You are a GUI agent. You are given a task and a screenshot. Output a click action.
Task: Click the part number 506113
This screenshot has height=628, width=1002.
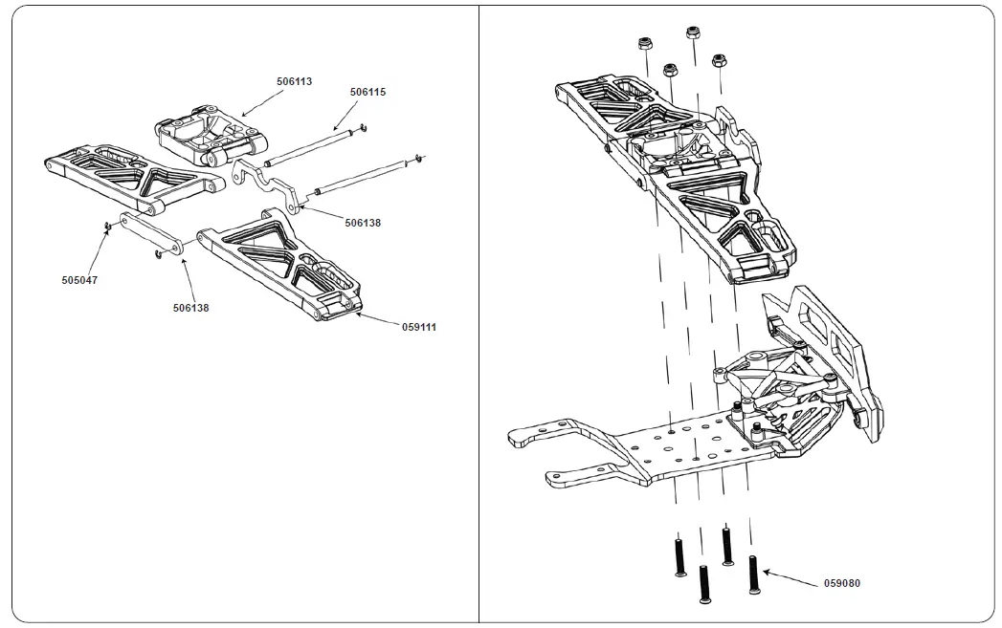[295, 82]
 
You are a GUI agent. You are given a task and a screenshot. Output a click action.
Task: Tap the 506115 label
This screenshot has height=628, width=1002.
[367, 92]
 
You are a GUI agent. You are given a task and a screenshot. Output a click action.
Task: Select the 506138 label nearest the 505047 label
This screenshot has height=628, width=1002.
[191, 308]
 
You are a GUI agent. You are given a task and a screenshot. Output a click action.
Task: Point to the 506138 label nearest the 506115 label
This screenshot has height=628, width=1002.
[363, 223]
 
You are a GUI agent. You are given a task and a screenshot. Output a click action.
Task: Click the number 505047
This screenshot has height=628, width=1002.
[79, 281]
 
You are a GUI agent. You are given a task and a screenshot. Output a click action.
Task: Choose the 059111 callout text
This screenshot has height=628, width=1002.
[418, 327]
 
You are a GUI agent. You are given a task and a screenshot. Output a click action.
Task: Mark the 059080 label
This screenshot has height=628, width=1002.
[842, 582]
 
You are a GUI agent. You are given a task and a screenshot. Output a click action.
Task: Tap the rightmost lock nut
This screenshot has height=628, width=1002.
[718, 61]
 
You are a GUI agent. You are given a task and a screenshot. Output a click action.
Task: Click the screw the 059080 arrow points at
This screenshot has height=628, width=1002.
[753, 572]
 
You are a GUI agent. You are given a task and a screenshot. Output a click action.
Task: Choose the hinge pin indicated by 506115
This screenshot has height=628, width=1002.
[316, 148]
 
